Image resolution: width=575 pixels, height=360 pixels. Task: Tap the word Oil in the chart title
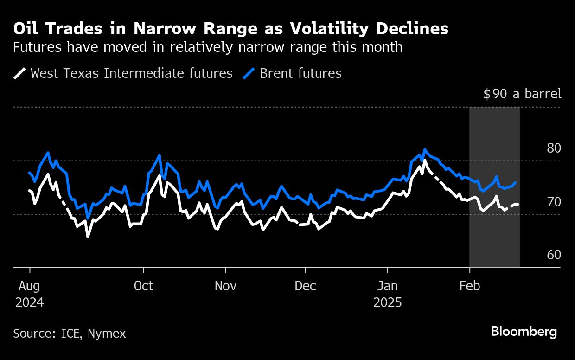tap(26, 29)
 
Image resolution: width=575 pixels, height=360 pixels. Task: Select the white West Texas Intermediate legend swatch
tap(20, 73)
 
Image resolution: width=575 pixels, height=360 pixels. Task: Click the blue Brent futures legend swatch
tap(249, 73)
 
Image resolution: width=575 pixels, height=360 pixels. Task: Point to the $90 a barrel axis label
tap(522, 94)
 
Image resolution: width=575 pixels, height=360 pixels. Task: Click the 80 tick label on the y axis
tap(554, 148)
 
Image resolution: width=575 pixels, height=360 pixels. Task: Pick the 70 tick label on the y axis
tap(554, 202)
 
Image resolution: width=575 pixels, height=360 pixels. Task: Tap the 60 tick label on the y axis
tap(554, 255)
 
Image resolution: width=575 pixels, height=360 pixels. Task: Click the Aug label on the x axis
tap(30, 286)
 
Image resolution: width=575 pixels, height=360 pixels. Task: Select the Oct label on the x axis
tap(143, 286)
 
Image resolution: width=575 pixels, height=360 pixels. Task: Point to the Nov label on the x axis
tap(226, 286)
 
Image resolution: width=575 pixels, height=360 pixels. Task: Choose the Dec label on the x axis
tap(306, 286)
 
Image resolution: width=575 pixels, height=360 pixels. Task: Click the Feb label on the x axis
tap(470, 286)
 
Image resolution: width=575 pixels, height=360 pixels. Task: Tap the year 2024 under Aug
tap(30, 303)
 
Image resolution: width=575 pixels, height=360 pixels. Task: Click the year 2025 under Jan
tap(388, 303)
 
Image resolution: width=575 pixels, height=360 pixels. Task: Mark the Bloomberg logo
tap(524, 332)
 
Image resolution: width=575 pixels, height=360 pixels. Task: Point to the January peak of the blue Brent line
tap(424, 150)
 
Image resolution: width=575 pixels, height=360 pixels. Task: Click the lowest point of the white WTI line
tap(88, 237)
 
